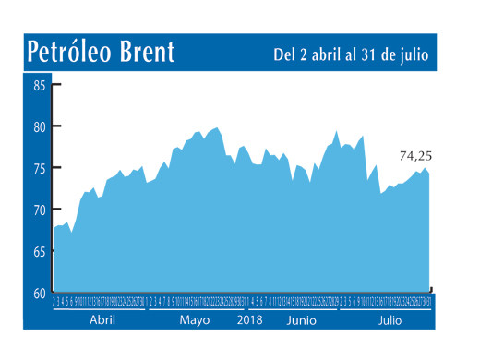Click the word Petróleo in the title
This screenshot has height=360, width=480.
pyautogui.click(x=70, y=52)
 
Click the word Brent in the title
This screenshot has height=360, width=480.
pyautogui.click(x=148, y=52)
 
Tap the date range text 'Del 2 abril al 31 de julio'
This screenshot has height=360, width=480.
pyautogui.click(x=351, y=54)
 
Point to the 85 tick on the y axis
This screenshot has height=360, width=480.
pyautogui.click(x=40, y=86)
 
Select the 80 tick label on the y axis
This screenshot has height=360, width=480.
pyautogui.click(x=40, y=127)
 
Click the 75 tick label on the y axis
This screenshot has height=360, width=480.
pyautogui.click(x=40, y=169)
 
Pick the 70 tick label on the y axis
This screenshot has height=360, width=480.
pyautogui.click(x=40, y=210)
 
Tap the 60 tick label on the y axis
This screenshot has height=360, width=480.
pyautogui.click(x=40, y=294)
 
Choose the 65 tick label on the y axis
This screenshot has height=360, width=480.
pyautogui.click(x=40, y=252)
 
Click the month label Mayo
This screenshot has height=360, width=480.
pyautogui.click(x=195, y=320)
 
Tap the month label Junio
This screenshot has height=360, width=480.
pyautogui.click(x=303, y=320)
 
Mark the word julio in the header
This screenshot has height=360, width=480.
pyautogui.click(x=413, y=54)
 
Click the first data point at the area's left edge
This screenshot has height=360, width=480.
pyautogui.click(x=54, y=227)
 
